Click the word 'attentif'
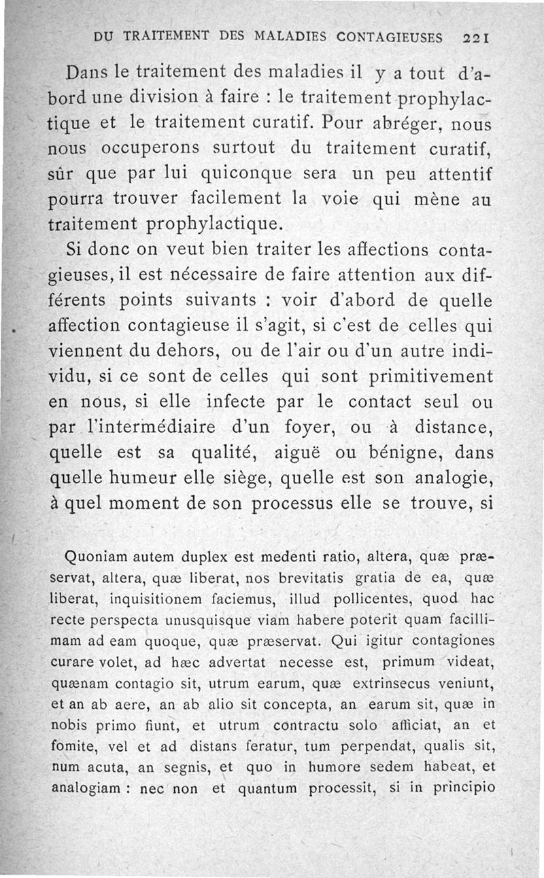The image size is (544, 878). pyautogui.click(x=460, y=173)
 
